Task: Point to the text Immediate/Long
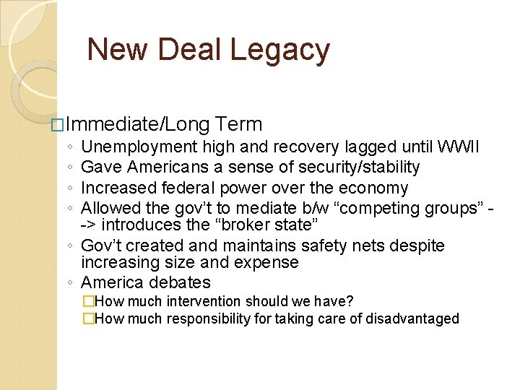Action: [x=138, y=125]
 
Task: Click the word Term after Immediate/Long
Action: [x=238, y=125]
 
